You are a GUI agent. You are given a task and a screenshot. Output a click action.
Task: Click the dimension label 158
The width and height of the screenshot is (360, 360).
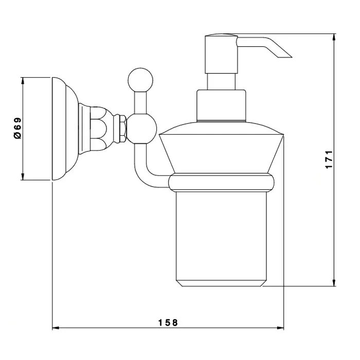click(168, 322)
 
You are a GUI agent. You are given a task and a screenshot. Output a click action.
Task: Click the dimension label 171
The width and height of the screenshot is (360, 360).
click(329, 159)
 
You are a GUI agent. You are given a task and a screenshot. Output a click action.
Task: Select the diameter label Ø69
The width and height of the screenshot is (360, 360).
click(17, 128)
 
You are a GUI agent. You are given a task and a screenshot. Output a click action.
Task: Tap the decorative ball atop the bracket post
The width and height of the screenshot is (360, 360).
click(140, 80)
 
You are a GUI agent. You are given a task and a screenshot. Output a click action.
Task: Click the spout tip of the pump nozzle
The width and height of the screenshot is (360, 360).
click(291, 57)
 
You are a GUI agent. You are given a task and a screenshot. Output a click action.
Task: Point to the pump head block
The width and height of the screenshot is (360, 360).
click(221, 53)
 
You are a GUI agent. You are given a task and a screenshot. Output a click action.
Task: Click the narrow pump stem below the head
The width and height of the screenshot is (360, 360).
click(221, 81)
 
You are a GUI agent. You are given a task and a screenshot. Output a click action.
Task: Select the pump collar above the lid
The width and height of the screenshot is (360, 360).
click(221, 105)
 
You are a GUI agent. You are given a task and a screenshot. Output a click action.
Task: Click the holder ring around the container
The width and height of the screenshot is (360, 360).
click(221, 183)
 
